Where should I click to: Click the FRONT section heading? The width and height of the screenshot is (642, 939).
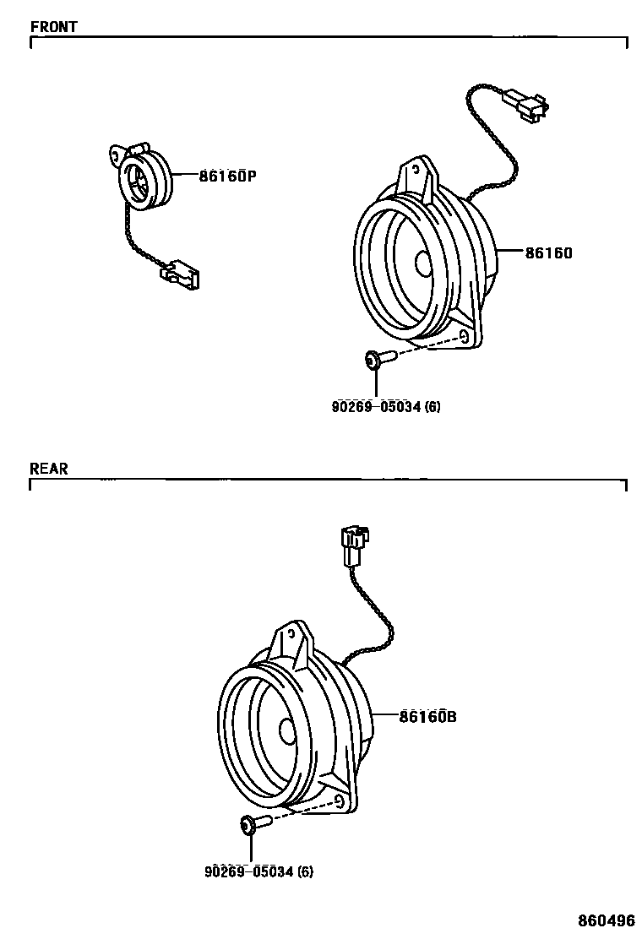pos(53,26)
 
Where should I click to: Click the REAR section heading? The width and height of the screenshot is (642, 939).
pos(48,469)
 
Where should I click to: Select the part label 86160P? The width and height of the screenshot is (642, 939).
pos(227,176)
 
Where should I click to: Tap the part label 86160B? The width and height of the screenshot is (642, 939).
pos(427,717)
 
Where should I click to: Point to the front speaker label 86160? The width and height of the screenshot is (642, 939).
pos(549,252)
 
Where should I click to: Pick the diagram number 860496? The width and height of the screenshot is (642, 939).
pos(606,920)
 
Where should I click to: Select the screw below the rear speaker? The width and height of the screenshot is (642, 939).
pos(254,823)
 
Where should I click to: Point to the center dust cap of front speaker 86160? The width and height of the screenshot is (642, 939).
pos(423,263)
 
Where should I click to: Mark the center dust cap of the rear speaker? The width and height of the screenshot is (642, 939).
pos(287,730)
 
